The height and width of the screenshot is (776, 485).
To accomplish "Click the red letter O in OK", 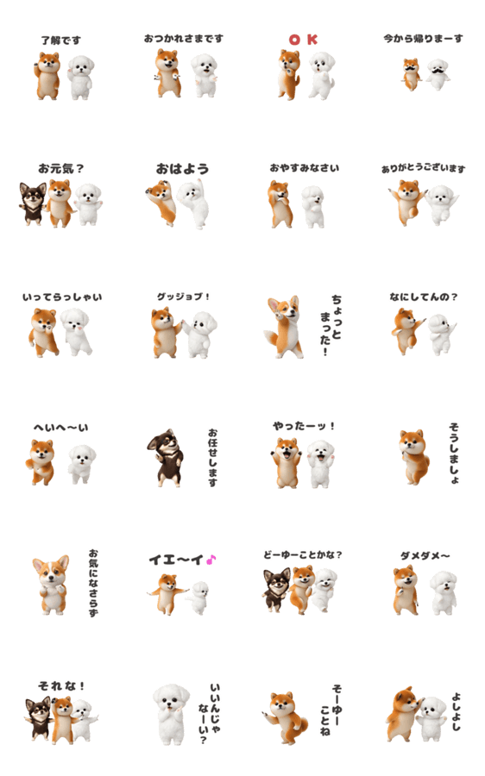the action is point(295,40).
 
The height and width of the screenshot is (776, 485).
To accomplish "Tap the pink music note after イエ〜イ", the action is point(211,560).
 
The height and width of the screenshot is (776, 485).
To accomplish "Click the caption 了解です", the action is point(61,40).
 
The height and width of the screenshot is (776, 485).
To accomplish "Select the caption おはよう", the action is point(182,169).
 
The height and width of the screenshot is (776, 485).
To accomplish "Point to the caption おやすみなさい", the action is point(304,168).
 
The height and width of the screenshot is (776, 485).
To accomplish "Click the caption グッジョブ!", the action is point(183,297).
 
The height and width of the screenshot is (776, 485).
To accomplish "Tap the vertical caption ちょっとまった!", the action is point(331,325).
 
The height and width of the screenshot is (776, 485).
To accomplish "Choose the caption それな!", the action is point(61,686).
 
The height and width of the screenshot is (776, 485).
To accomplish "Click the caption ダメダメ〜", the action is point(425,556).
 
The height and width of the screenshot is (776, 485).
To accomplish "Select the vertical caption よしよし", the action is point(457,711).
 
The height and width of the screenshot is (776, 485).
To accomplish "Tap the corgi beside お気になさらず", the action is point(52,585).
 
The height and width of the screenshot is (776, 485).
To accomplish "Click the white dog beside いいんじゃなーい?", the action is point(171,714).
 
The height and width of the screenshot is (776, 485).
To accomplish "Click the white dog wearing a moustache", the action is point(438,74).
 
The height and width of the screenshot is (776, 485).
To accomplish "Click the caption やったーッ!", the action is point(304,426).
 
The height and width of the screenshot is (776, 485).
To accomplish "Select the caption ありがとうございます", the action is point(424,169).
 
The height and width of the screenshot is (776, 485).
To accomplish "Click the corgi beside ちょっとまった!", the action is point(284,327).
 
